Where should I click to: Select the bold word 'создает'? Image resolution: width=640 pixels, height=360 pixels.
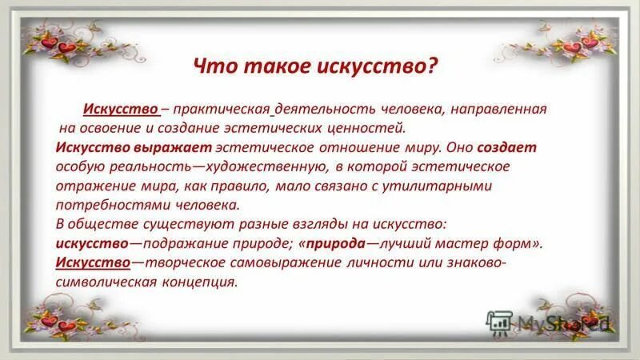[508, 147]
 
